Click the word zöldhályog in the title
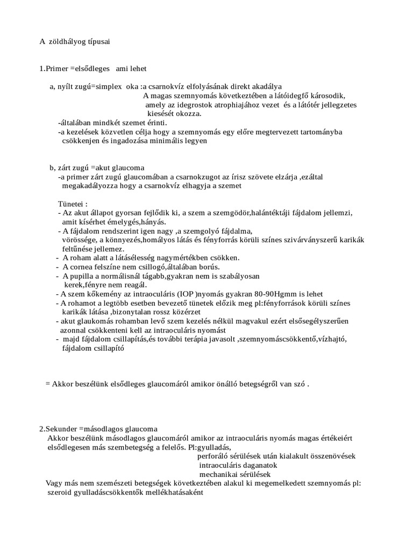68,41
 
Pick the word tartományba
320,132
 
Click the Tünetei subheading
72,204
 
